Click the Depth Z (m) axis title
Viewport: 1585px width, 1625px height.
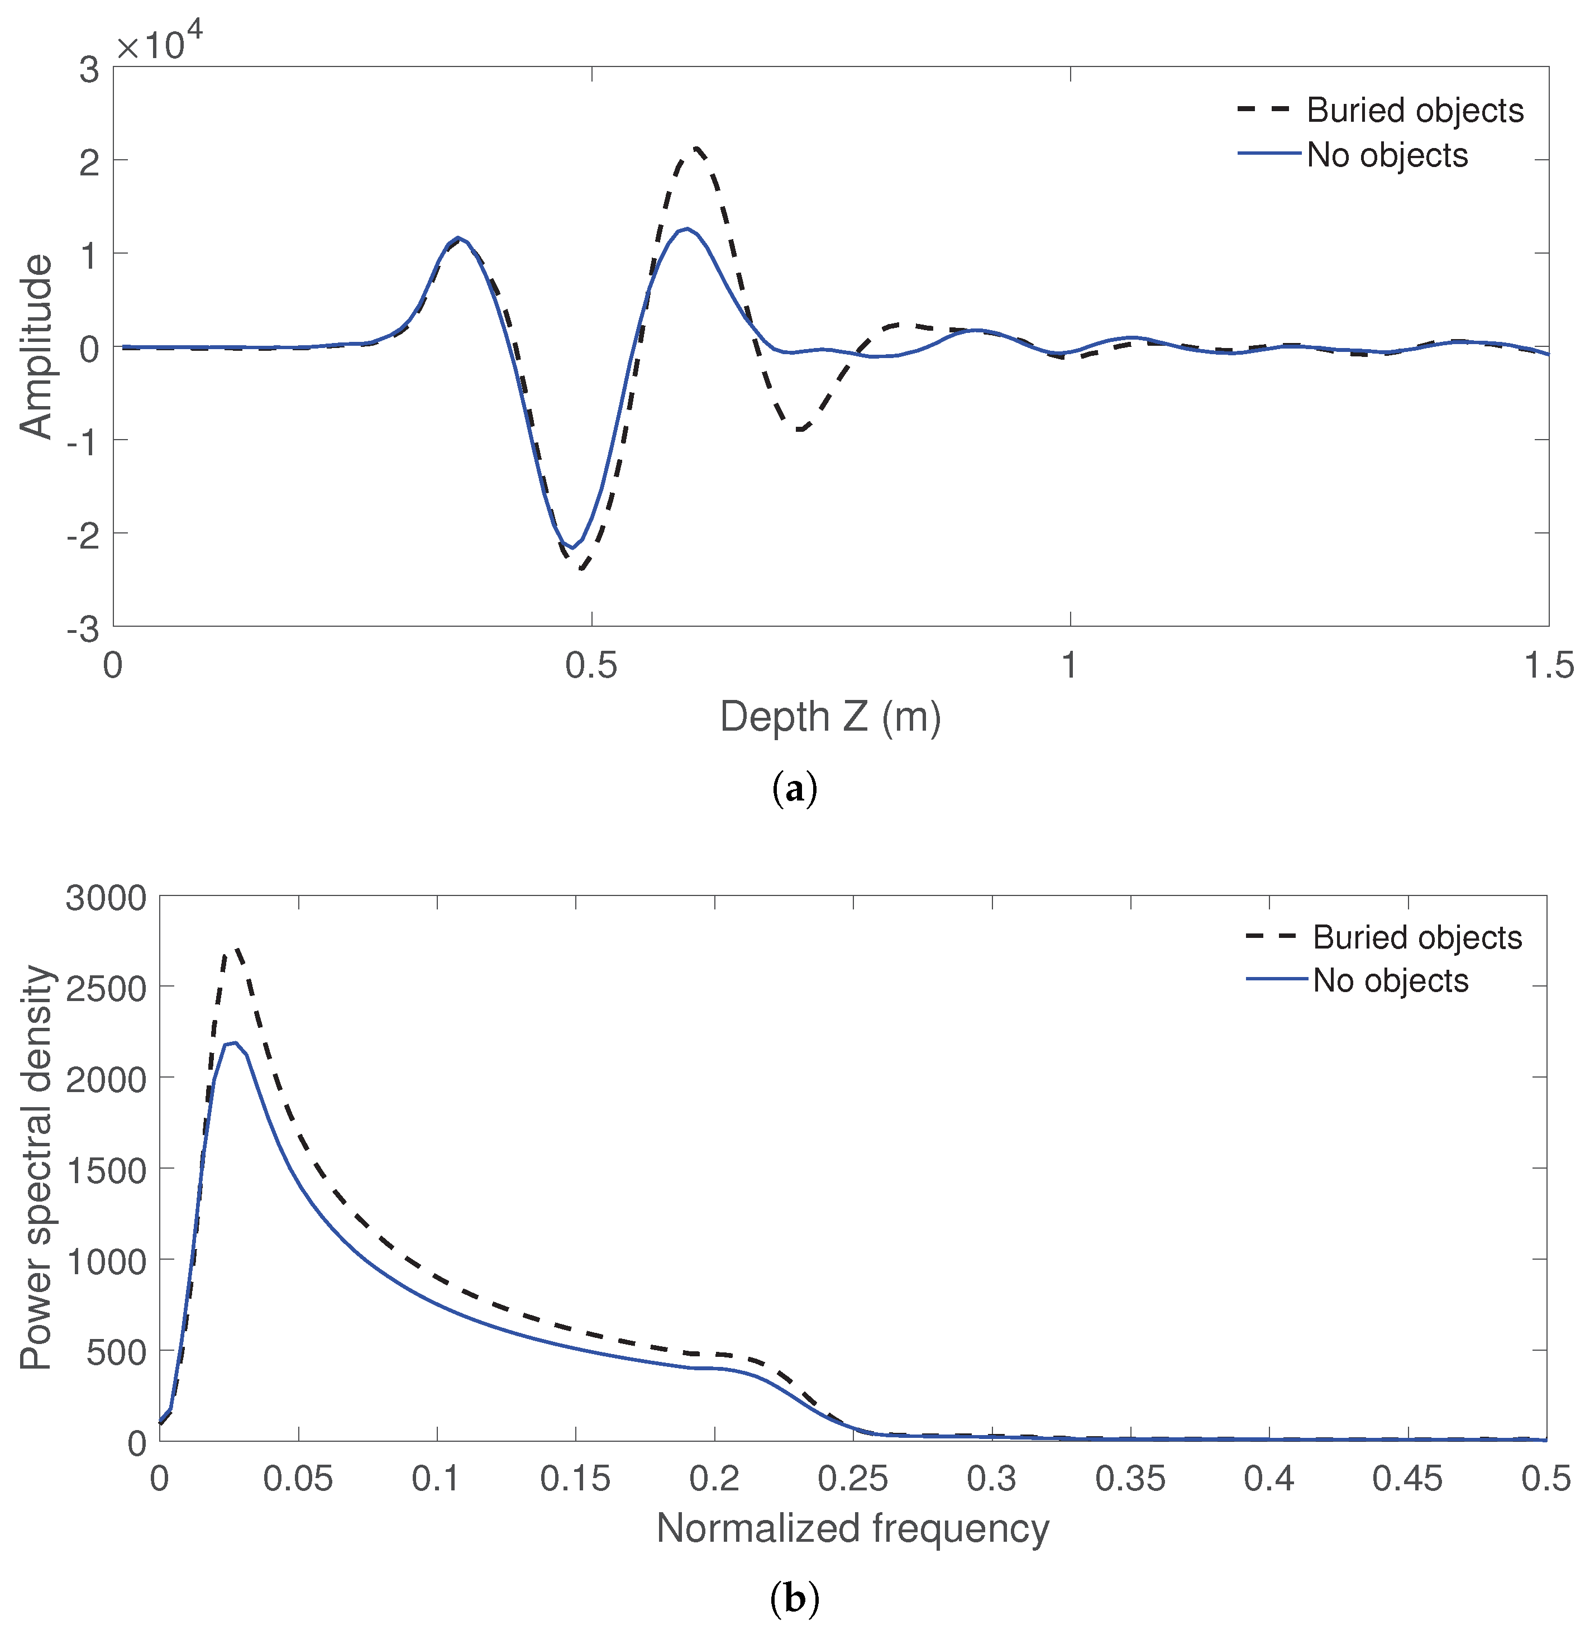click(830, 717)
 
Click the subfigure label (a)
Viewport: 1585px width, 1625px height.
click(795, 788)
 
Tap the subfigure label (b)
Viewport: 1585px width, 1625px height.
click(795, 1598)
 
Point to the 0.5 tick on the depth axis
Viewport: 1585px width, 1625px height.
click(591, 666)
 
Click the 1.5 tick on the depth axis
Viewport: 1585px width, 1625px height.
click(1548, 666)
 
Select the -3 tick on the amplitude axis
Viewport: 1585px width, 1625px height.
click(83, 630)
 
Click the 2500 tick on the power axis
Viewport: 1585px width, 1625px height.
click(106, 987)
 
